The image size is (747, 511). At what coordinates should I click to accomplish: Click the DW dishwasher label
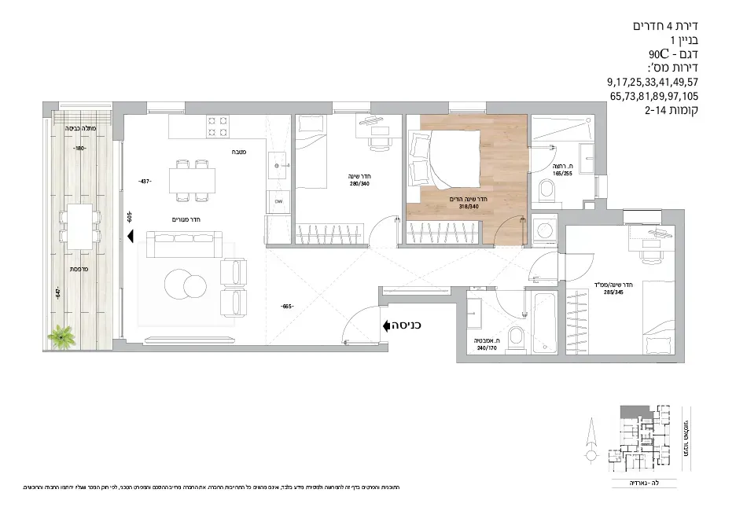278,202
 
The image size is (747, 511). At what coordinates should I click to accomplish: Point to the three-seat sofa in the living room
180,246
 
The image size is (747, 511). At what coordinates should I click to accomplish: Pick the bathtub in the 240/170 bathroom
544,323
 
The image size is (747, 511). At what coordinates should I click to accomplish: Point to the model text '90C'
659,54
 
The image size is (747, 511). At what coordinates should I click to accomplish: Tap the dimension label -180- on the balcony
79,149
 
